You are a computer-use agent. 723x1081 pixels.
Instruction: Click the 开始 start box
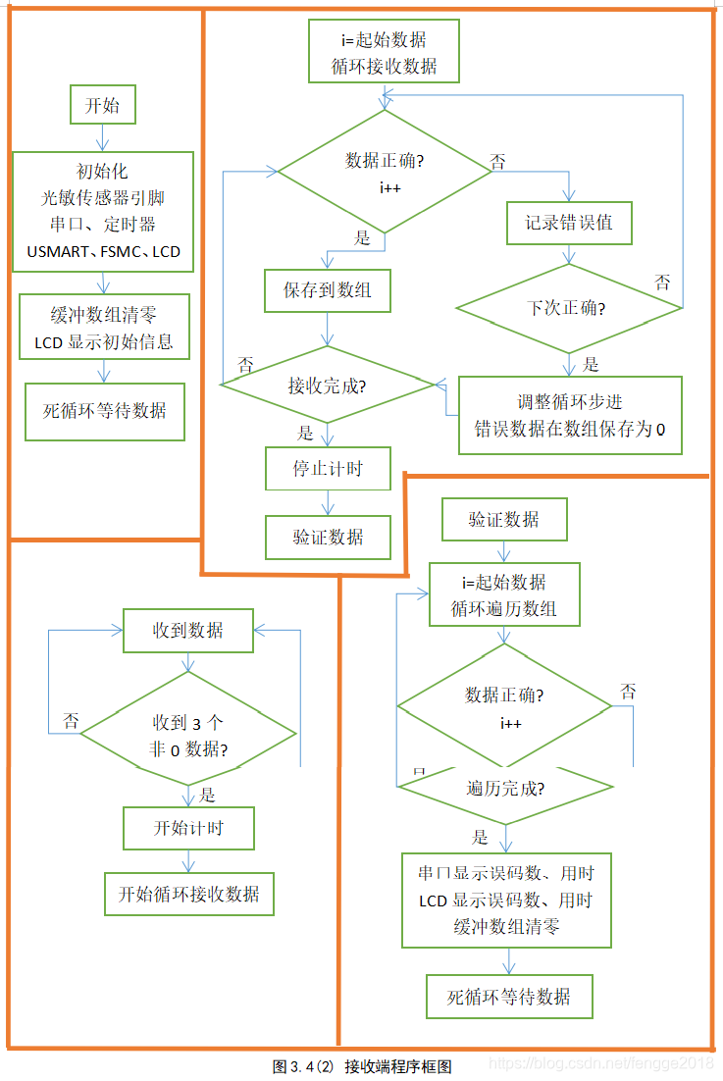(x=102, y=106)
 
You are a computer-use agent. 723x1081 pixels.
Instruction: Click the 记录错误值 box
(x=569, y=223)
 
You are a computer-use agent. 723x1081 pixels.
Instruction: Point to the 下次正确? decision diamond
(x=568, y=308)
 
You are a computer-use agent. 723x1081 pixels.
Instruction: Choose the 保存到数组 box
(x=328, y=291)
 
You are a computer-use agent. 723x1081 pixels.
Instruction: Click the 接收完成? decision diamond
(x=328, y=386)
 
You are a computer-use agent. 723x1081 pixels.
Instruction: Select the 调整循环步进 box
(x=569, y=415)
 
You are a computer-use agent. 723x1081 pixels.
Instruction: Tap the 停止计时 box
(x=328, y=469)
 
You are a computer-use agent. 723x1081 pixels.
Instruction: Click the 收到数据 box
(x=187, y=631)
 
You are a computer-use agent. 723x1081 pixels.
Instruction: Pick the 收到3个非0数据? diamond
(x=187, y=736)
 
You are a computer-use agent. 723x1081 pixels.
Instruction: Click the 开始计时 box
(x=188, y=828)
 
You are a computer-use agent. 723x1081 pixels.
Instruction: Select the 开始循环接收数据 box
(x=188, y=894)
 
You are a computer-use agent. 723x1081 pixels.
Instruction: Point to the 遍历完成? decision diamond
(x=504, y=789)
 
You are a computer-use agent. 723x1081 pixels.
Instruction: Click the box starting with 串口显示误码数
(x=506, y=900)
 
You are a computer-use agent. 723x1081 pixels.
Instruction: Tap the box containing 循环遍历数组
(x=504, y=594)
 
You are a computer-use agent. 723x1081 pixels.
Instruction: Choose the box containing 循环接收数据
(x=384, y=54)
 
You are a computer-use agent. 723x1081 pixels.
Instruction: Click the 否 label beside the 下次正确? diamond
(x=663, y=283)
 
